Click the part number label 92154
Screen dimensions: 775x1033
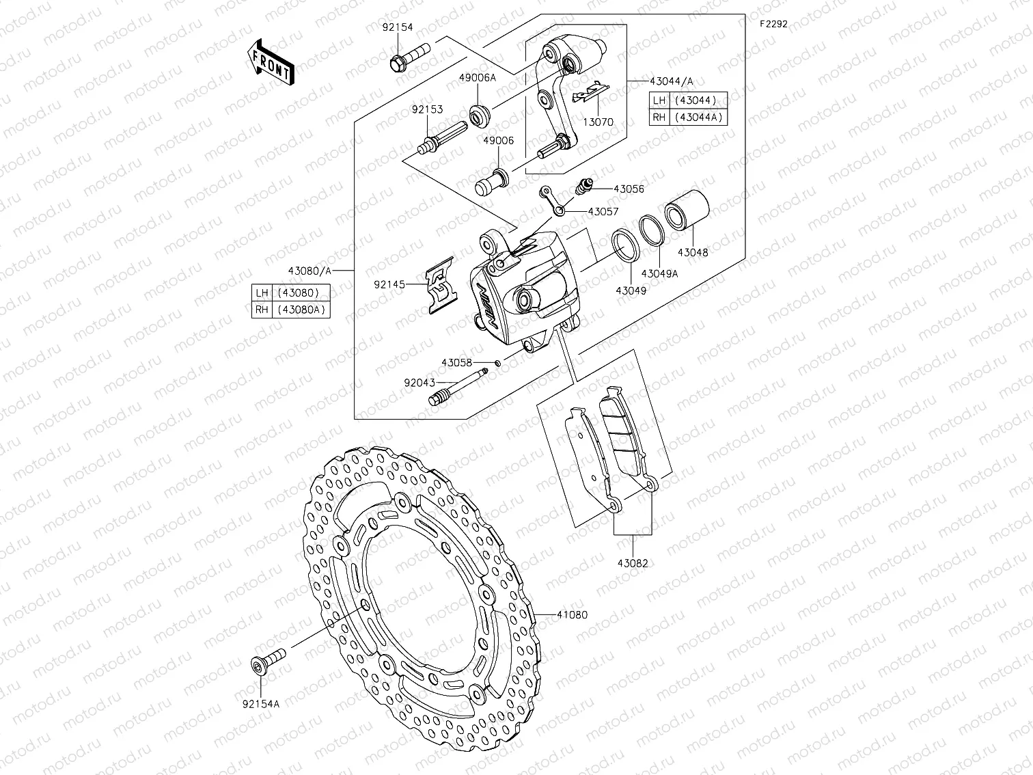pyautogui.click(x=398, y=28)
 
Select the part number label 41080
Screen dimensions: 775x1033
pyautogui.click(x=572, y=615)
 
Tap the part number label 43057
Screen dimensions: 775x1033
pyautogui.click(x=603, y=212)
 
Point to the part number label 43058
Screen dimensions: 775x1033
pyautogui.click(x=456, y=363)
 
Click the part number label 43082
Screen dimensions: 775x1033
pyautogui.click(x=633, y=564)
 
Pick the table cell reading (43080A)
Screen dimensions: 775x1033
pyautogui.click(x=301, y=310)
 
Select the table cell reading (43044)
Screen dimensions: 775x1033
pyautogui.click(x=695, y=100)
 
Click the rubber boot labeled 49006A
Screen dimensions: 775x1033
pyautogui.click(x=480, y=114)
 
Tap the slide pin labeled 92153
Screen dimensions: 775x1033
pyautogui.click(x=441, y=139)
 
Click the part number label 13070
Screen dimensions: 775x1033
pyautogui.click(x=598, y=122)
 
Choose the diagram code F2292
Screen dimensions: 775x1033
pyautogui.click(x=773, y=23)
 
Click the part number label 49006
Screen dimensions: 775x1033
pyautogui.click(x=498, y=141)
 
